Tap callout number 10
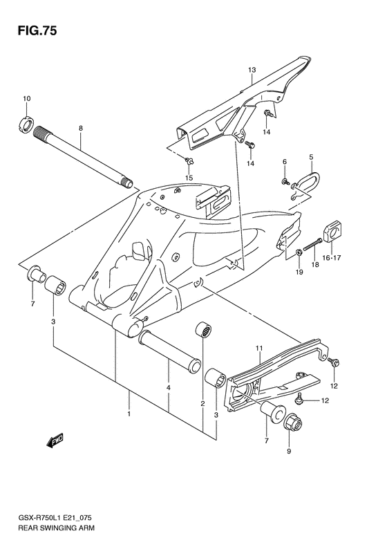pyautogui.click(x=27, y=100)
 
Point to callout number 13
pyautogui.click(x=253, y=70)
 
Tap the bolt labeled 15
pyautogui.click(x=190, y=163)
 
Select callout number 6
pyautogui.click(x=284, y=162)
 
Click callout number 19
pyautogui.click(x=299, y=272)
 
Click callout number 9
pyautogui.click(x=289, y=452)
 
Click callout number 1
pyautogui.click(x=128, y=414)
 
